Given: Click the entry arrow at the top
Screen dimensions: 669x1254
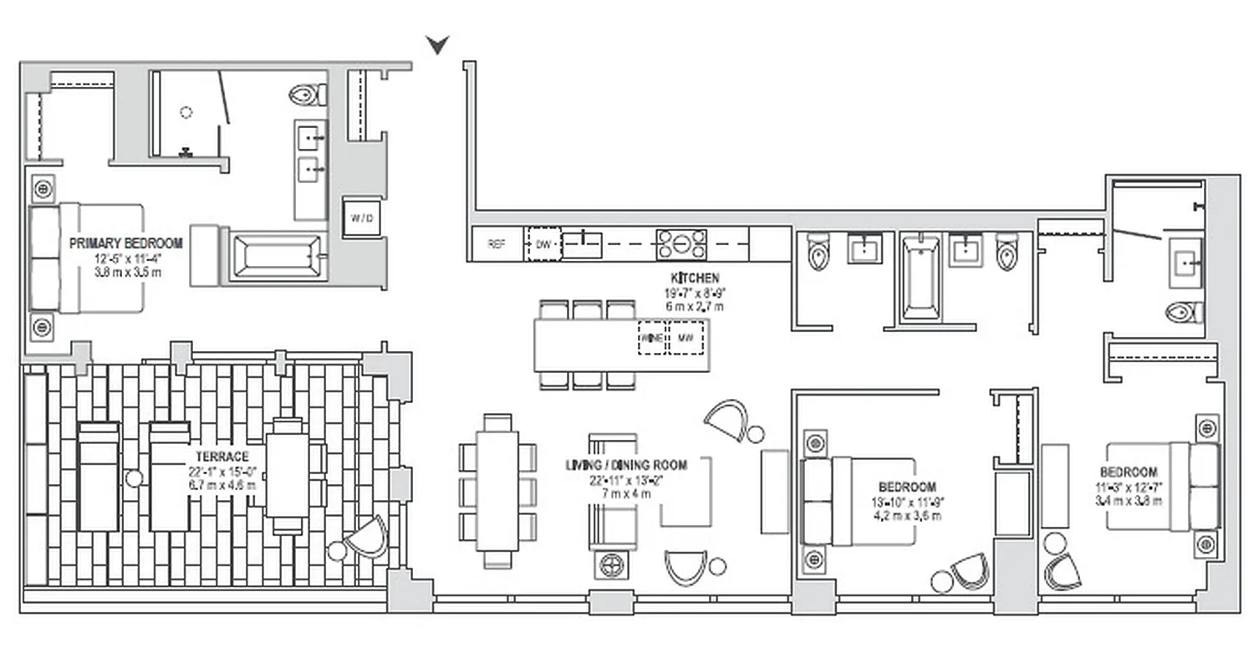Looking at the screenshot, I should point(437,45).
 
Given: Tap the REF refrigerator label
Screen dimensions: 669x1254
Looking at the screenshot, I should point(497,244).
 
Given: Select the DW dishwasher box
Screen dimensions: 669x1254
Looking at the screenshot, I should point(543,244).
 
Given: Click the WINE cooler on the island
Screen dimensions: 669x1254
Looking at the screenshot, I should point(651,338).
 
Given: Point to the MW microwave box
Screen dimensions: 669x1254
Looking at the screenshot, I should point(686,338).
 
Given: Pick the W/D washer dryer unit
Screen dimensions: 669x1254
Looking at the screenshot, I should point(362,218).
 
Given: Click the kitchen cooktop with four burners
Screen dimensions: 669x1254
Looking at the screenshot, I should point(681,244).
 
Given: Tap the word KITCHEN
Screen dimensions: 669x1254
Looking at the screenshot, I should point(695,278).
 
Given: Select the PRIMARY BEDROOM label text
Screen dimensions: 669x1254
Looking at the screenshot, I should point(125,243).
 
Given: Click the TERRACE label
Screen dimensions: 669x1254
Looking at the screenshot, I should point(222,457).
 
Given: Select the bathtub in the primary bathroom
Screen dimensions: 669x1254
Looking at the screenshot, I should point(276,257).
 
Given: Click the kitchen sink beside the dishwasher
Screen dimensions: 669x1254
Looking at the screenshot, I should point(582,244).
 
